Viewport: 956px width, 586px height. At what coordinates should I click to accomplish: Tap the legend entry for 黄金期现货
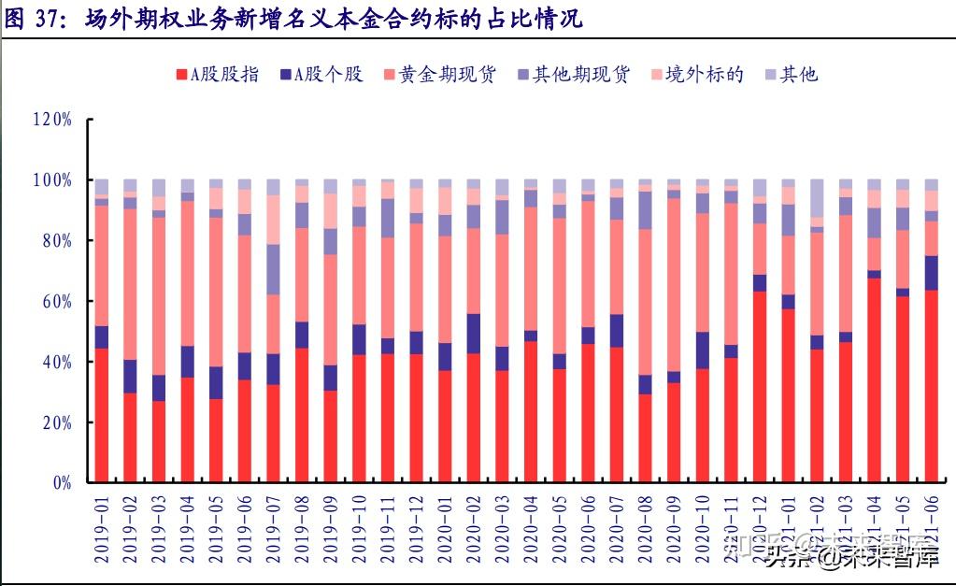tap(446, 75)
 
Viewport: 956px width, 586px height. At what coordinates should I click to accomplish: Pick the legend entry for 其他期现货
tap(580, 75)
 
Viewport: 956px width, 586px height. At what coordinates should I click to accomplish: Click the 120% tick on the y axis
tap(52, 120)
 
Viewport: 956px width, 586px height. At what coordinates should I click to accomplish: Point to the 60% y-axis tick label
tap(56, 301)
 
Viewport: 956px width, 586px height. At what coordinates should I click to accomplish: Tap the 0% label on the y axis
tap(62, 483)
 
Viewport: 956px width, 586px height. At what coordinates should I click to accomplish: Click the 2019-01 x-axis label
tap(102, 529)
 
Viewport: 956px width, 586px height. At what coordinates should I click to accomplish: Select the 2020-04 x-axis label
tap(532, 529)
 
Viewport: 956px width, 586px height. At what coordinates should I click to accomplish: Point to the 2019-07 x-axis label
tap(274, 529)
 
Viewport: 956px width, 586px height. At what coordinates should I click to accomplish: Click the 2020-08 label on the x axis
tap(646, 529)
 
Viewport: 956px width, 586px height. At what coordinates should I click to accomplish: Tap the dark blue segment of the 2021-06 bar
tap(932, 273)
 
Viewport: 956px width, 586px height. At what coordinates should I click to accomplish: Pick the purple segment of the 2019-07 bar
tap(274, 269)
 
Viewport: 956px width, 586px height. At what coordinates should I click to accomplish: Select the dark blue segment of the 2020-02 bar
tap(474, 334)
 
